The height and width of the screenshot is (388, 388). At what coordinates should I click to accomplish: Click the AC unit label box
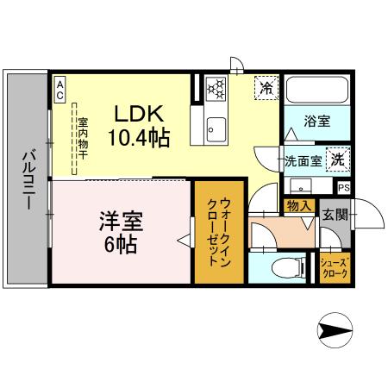[x=60, y=91]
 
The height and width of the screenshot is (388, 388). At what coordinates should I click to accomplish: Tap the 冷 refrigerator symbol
[x=267, y=86]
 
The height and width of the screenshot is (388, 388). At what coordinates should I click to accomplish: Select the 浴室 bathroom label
[x=316, y=122]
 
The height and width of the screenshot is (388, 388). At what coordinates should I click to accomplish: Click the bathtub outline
[x=316, y=90]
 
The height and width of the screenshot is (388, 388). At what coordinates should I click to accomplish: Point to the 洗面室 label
[x=303, y=160]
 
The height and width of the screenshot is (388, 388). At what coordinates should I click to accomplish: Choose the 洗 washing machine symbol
[x=340, y=159]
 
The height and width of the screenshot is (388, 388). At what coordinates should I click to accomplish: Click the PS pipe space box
[x=344, y=188]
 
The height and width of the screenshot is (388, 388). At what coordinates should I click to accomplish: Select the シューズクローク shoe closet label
[x=334, y=267]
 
